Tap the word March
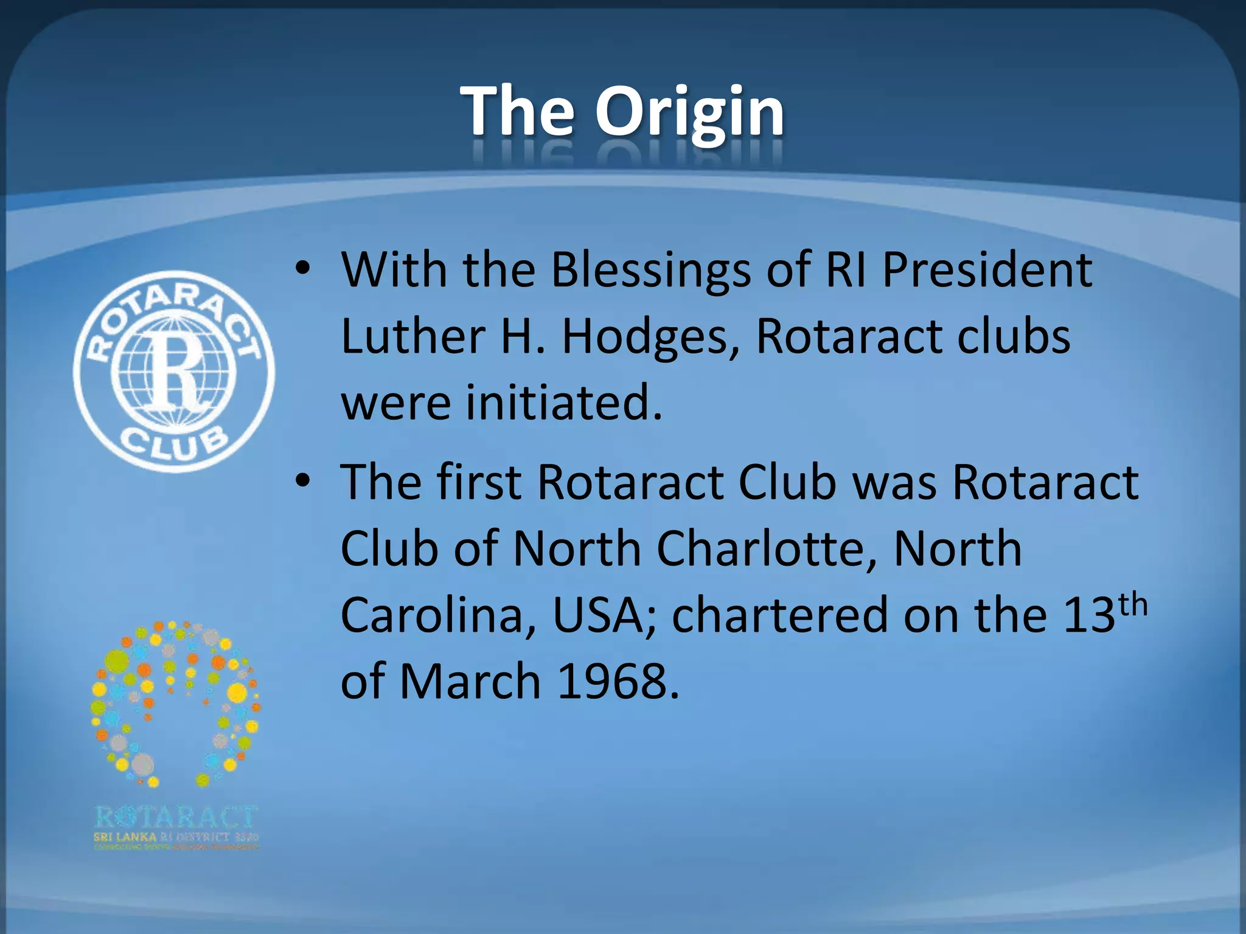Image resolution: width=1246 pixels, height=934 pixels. [x=470, y=681]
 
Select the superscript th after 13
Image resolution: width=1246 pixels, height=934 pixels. [x=1133, y=606]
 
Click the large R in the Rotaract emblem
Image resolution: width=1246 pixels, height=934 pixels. [x=173, y=371]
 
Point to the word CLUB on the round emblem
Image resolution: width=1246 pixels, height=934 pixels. [x=175, y=445]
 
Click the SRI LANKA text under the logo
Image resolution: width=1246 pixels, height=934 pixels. [x=125, y=837]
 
